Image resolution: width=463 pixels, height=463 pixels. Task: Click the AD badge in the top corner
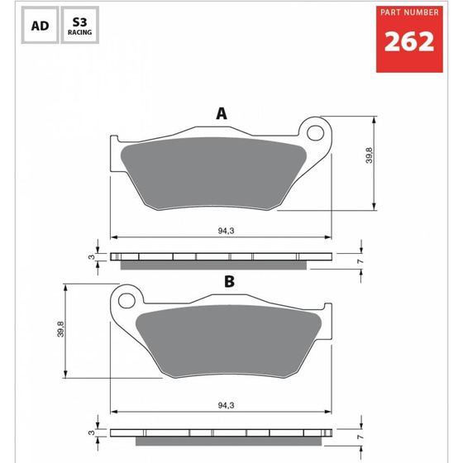pos(39,26)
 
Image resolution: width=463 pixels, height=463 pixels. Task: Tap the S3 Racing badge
pos(80,26)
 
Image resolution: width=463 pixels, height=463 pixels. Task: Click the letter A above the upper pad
pos(221,114)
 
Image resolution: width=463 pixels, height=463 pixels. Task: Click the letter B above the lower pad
pos(229,282)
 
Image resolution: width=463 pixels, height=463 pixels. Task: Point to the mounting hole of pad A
pos(314,131)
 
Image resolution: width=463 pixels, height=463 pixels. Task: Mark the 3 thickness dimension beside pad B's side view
pos(91,432)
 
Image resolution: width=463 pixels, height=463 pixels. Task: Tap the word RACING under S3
pos(80,35)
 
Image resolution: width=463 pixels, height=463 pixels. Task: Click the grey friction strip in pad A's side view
pos(216,265)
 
